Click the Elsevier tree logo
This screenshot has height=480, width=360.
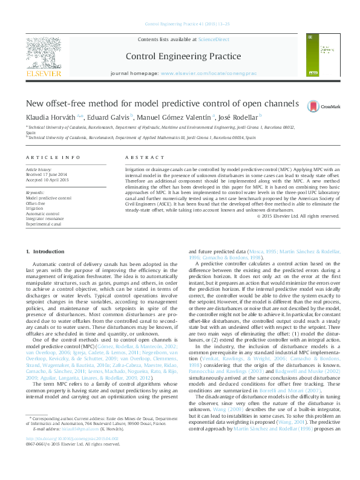tap(43, 56)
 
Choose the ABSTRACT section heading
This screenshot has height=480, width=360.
tap(136, 157)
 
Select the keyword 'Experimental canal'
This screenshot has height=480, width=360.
tap(44, 224)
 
